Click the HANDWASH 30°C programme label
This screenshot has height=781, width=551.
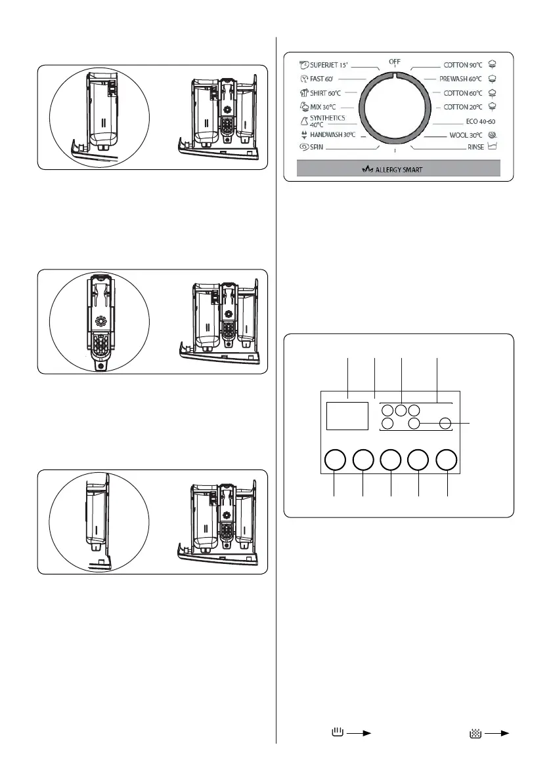[332, 134]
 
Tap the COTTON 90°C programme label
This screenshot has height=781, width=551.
[464, 65]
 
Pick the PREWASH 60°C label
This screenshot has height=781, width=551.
[462, 79]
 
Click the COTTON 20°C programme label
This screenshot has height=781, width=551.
[464, 106]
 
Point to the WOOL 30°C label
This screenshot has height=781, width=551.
[464, 134]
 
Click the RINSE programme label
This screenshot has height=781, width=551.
[476, 148]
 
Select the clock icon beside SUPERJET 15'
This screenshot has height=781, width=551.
[304, 65]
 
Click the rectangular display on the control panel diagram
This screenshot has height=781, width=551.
[347, 416]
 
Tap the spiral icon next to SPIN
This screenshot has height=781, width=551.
[304, 148]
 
